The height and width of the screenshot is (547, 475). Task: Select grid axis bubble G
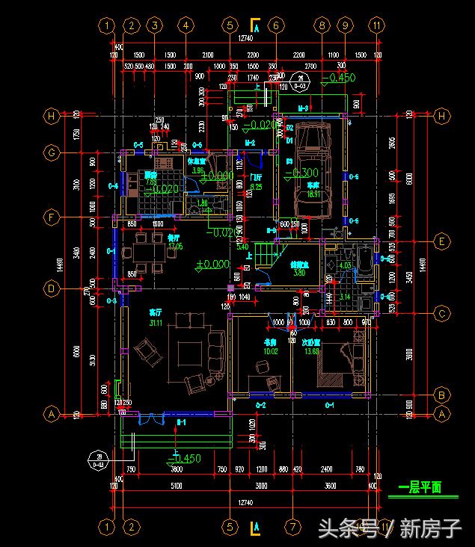point(52,152)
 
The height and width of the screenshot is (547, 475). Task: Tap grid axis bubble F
point(52,218)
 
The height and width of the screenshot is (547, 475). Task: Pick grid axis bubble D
point(52,287)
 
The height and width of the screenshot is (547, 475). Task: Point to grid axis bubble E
point(442,241)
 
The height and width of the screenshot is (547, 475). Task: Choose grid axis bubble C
point(442,313)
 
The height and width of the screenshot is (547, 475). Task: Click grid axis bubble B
point(442,395)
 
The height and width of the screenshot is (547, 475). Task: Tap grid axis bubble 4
point(185,25)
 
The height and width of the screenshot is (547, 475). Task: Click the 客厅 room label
point(135,312)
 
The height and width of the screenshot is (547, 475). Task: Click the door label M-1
point(180,422)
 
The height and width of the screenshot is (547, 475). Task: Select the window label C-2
point(261,404)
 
